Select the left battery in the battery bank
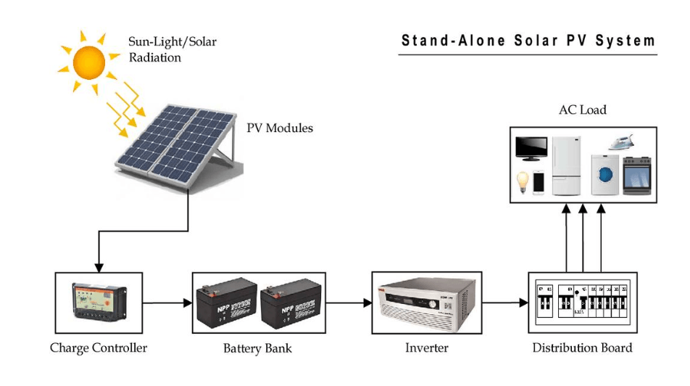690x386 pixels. tap(226, 304)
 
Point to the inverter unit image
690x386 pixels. tap(426, 302)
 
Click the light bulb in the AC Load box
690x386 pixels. tap(522, 181)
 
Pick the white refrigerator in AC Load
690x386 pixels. tap(567, 167)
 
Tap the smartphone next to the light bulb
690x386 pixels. tap(539, 182)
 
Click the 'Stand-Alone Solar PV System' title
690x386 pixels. tap(528, 41)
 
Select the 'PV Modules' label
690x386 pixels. tap(280, 128)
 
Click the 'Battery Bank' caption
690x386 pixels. tap(257, 348)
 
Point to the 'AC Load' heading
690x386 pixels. tap(582, 110)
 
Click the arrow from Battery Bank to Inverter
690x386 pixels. tap(348, 302)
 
